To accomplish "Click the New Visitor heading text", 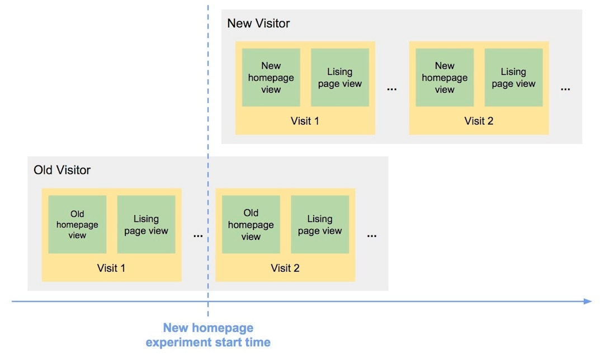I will coord(258,23).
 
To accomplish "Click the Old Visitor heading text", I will coord(62,170).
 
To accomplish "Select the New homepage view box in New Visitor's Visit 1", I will coord(271,77).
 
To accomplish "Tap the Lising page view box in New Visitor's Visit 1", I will coord(340,77).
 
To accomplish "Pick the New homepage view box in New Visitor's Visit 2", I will coord(445,77).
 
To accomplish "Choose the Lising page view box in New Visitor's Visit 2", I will coord(513,77).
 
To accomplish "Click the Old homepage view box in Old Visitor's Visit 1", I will coord(77,224).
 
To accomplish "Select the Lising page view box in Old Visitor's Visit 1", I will coord(146,224).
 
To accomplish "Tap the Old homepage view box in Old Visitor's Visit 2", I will coord(251,224).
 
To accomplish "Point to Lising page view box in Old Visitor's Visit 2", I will coord(320,224).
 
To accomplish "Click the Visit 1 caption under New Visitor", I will coord(305,121).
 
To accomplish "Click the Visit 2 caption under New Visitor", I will coord(479,121).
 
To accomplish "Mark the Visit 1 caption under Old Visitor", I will coord(111,268).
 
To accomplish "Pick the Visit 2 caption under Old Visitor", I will coord(285,268).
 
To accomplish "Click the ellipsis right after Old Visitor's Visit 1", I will coord(198,236).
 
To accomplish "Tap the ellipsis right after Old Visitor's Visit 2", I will coord(372,236).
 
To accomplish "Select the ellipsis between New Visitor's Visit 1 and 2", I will coord(392,89).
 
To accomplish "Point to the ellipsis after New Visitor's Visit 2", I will coord(565,89).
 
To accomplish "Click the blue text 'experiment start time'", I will coord(208,342).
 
